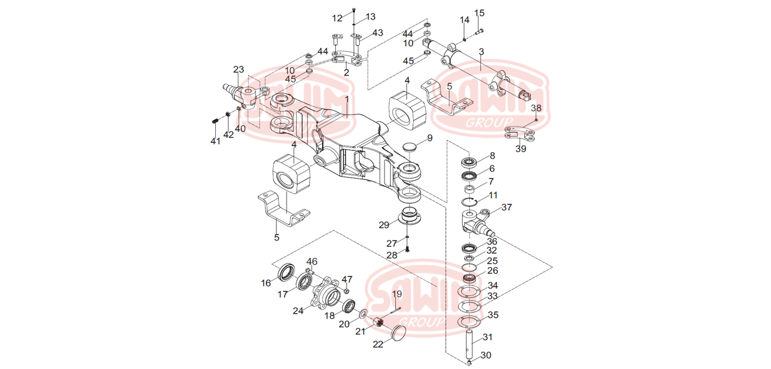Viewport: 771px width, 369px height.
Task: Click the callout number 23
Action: coord(238,70)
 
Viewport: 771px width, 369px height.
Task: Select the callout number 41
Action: coord(215,141)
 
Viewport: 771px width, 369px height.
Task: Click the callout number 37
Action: coord(506,207)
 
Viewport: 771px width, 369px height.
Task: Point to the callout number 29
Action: coord(384,225)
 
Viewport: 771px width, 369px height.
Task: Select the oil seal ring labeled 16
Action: coord(286,272)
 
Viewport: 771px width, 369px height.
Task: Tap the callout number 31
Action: coord(487,338)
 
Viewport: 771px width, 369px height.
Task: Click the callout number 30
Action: coord(486,355)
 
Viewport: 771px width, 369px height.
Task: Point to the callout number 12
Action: coord(337,18)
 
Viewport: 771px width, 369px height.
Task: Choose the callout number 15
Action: coord(480,13)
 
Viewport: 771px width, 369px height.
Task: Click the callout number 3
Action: coord(482,52)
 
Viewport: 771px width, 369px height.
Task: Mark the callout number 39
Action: coord(521,149)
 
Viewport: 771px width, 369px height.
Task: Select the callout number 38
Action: coord(536,108)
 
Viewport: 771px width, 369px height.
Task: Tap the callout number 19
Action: coord(396,294)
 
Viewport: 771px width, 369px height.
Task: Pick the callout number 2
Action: coord(346,72)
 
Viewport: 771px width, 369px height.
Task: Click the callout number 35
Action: coord(493,315)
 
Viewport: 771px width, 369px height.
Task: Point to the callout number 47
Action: coord(347,279)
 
